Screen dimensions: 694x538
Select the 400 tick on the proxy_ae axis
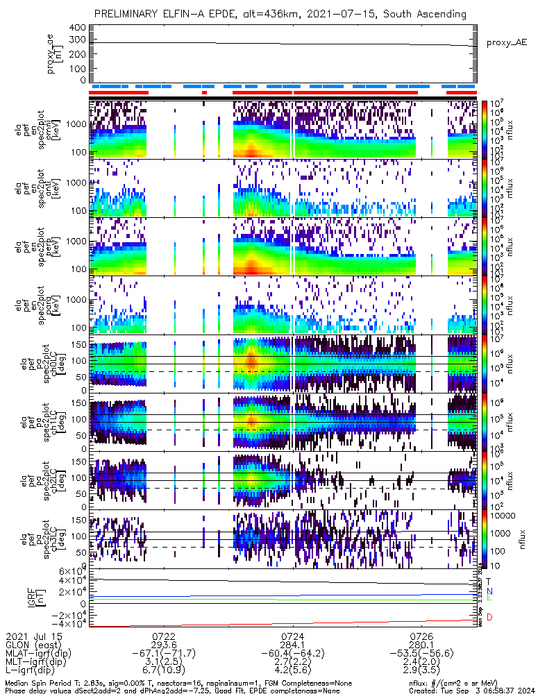point(77,28)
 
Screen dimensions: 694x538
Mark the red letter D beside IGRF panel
point(489,617)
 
